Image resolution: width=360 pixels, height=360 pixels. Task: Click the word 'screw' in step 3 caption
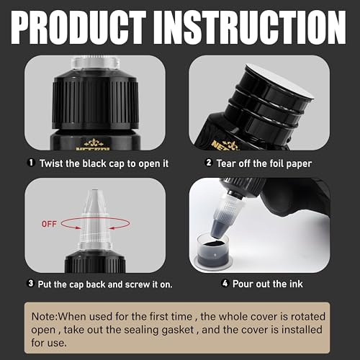[x=131, y=283]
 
